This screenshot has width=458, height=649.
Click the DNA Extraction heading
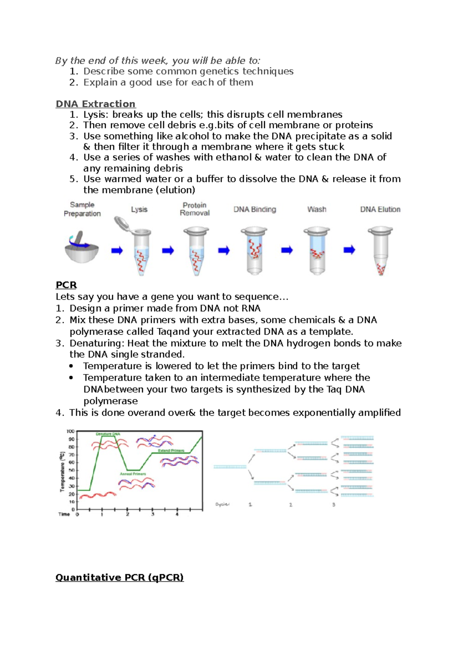pos(95,104)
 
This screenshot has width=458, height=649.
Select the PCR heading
pos(66,285)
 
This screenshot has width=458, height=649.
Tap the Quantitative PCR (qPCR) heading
pos(119,577)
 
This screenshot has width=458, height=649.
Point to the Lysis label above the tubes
pos(139,209)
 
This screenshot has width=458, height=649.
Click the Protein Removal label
pos(195,209)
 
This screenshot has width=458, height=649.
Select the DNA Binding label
pos(255,209)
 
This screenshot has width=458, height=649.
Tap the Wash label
pos(317,209)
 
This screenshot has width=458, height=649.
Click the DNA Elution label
pos(380,209)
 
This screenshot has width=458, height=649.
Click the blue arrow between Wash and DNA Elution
pos(349,250)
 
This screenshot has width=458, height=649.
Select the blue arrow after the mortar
pos(117,251)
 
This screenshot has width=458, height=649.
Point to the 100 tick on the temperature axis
pos(71,432)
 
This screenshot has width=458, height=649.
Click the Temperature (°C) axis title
pos(62,472)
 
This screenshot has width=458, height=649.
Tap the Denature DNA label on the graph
pos(108,434)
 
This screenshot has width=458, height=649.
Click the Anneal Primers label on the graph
pos(133,474)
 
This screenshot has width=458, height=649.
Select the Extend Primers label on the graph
pos(171,451)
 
